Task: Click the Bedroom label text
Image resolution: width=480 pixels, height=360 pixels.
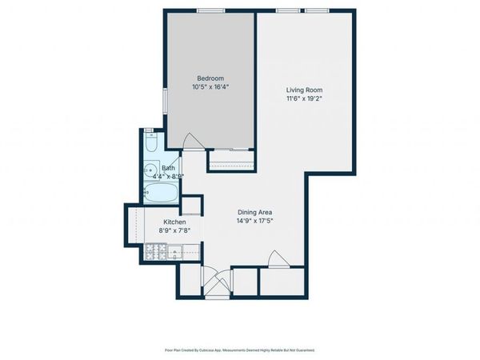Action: tap(210, 78)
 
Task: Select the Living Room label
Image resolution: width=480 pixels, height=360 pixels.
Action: tap(304, 90)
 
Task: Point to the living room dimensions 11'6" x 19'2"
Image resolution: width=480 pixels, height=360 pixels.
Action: tap(304, 99)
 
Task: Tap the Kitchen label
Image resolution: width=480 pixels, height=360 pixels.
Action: tap(174, 222)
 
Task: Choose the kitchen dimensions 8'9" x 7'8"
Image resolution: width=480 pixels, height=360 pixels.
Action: tap(174, 231)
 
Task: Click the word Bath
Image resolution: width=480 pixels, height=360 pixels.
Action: tap(168, 168)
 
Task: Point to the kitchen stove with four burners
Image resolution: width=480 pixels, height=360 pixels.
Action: tap(154, 254)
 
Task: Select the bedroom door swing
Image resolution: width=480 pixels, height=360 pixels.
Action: tap(193, 141)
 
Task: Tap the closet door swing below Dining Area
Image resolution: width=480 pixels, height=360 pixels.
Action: tap(274, 259)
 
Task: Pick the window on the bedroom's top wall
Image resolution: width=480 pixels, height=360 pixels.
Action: tap(210, 10)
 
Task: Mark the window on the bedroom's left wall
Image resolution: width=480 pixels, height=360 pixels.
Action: tap(165, 100)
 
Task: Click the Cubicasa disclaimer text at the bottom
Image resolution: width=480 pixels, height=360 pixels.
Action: tap(240, 350)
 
